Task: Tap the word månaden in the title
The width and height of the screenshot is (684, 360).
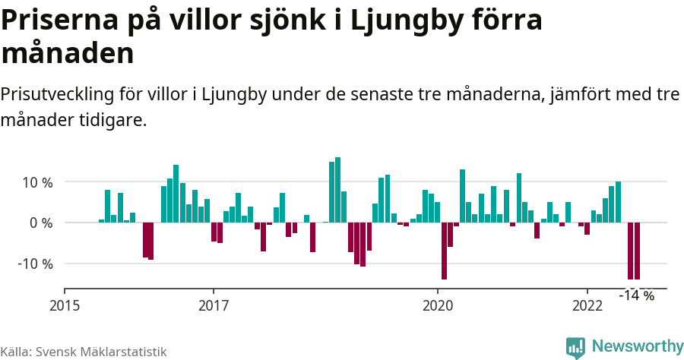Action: (x=68, y=53)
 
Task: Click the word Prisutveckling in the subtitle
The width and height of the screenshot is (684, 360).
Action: (x=57, y=95)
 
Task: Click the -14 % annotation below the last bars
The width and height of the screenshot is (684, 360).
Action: (x=637, y=295)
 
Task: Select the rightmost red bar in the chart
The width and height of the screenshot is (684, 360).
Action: (x=637, y=251)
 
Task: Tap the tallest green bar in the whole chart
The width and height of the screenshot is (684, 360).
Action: (x=337, y=190)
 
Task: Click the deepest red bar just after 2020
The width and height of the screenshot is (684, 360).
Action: (x=444, y=251)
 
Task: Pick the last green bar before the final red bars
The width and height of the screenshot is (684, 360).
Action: (x=618, y=202)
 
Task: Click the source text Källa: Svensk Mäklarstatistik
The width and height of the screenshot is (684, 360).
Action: (x=84, y=352)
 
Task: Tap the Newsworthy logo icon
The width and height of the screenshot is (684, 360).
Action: (x=575, y=347)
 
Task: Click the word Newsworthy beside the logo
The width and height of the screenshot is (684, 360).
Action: (x=637, y=346)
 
